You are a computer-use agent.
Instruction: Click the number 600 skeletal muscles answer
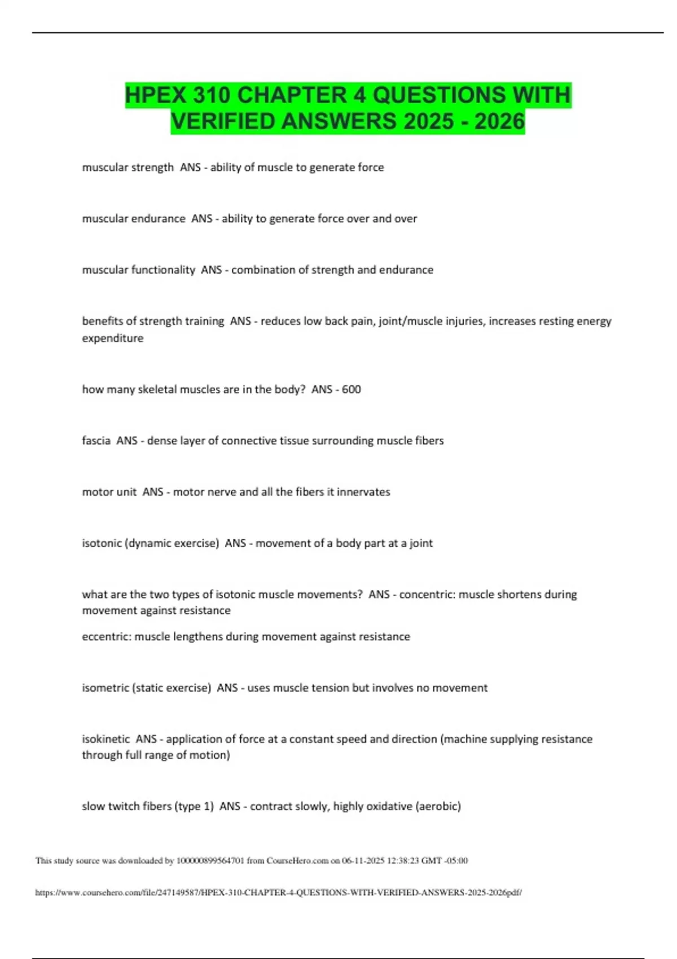pyautogui.click(x=351, y=389)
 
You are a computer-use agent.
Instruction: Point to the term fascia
pyautogui.click(x=96, y=441)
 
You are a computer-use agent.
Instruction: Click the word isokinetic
pyautogui.click(x=105, y=739)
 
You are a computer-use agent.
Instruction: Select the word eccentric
pyautogui.click(x=105, y=636)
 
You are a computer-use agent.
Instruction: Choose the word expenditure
pyautogui.click(x=113, y=338)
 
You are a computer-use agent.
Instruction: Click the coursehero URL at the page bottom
pyautogui.click(x=278, y=892)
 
